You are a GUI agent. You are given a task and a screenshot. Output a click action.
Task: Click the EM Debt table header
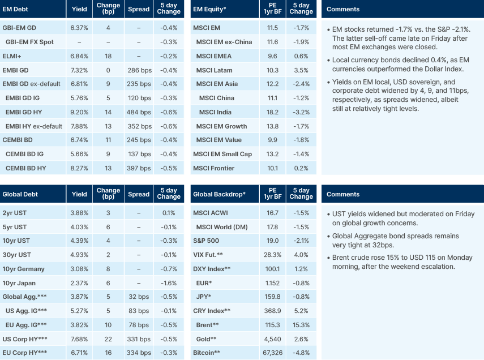point(16,9)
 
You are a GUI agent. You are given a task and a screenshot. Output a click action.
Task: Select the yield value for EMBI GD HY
point(79,112)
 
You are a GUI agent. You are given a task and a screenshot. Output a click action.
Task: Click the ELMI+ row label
point(12,55)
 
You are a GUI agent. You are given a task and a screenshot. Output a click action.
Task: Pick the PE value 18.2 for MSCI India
point(272,112)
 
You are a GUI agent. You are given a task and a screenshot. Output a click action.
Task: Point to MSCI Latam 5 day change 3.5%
point(301,70)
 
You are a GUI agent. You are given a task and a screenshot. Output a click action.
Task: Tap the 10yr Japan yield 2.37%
point(79,282)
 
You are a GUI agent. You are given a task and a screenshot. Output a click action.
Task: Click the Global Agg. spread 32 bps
point(139,297)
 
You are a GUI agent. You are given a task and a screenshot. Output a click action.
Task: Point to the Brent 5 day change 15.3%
point(301,325)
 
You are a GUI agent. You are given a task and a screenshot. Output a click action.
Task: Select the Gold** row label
point(207,339)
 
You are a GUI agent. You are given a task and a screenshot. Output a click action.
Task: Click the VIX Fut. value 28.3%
point(272,255)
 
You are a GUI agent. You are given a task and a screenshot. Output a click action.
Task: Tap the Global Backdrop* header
point(219,194)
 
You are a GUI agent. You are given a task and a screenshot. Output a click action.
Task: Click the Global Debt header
point(20,194)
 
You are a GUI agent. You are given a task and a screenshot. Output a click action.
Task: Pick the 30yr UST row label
point(17,255)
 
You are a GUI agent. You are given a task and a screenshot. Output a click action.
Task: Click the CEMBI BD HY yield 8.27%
point(79,168)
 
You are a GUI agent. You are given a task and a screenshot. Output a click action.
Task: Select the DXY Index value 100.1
point(272,269)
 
